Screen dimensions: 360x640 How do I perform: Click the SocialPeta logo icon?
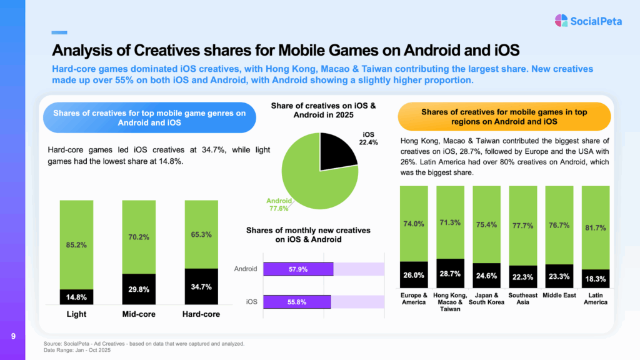pyautogui.click(x=561, y=21)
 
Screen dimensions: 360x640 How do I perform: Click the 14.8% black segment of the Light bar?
pyautogui.click(x=77, y=297)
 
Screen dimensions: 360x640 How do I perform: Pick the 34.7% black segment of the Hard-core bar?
pyautogui.click(x=201, y=287)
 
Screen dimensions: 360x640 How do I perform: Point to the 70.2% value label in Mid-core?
pyautogui.click(x=139, y=237)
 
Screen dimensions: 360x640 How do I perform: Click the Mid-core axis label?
pyautogui.click(x=139, y=314)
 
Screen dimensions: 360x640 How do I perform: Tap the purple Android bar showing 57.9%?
pyautogui.click(x=298, y=269)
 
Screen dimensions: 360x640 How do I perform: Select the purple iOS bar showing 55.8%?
pyautogui.click(x=297, y=302)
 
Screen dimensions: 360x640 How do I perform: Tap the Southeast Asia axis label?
pyautogui.click(x=522, y=299)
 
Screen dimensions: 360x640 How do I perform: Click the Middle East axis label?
pyautogui.click(x=559, y=295)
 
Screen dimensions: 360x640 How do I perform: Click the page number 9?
pyautogui.click(x=13, y=337)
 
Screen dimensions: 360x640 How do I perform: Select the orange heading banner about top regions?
pyautogui.click(x=504, y=117)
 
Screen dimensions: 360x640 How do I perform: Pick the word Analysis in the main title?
pyautogui.click(x=82, y=49)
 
